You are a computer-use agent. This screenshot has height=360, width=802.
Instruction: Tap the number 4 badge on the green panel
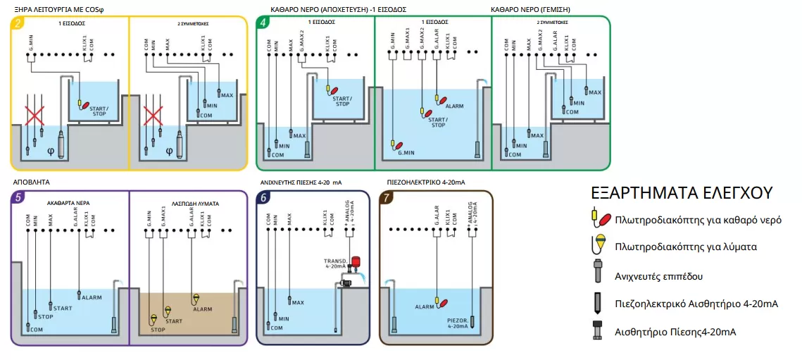pos(263,23)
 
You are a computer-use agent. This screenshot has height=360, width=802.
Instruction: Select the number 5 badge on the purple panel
pos(18,197)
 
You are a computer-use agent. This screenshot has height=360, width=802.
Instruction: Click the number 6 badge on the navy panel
pos(263,197)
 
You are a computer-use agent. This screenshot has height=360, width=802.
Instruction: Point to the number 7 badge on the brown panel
pos(387,197)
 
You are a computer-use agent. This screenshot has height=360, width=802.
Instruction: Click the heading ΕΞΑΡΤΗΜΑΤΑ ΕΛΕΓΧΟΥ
pos(682,193)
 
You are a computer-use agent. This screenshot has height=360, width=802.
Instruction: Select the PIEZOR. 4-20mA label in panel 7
pos(458,323)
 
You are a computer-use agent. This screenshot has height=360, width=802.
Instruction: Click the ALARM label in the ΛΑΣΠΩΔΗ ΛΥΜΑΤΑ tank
pos(203,309)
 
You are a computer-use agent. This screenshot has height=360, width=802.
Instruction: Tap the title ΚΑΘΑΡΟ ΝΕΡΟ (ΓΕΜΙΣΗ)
pos(530,9)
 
